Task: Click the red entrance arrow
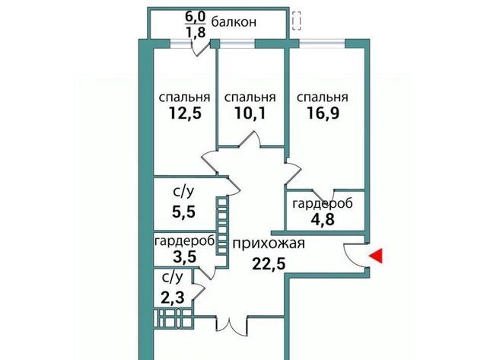tap(377, 256)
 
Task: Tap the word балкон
tap(234, 22)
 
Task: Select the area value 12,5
tap(185, 113)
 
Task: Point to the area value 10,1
tap(250, 113)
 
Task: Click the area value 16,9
tap(323, 113)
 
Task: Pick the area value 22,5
tap(269, 264)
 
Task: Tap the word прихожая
tap(269, 244)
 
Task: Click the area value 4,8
tap(323, 219)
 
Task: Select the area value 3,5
tap(184, 257)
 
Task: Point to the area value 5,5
tap(183, 212)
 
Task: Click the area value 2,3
tap(173, 298)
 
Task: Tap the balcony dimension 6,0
tap(196, 16)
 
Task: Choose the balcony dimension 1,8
tap(196, 32)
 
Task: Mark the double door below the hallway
tap(231, 327)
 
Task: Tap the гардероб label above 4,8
tap(323, 204)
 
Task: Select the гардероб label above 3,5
tap(184, 241)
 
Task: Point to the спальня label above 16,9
tap(323, 97)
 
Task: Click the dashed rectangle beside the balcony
tap(296, 21)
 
